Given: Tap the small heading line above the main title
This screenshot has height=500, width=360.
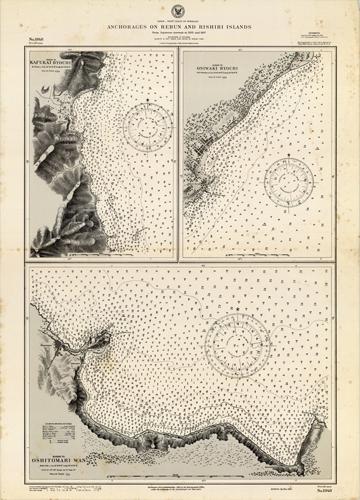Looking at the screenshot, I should coord(180,20).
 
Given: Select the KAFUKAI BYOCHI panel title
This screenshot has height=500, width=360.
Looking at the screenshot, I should coord(49,71).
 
